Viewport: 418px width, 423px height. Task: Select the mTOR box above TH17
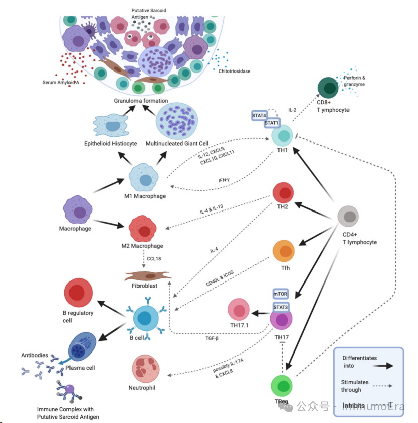tap(281, 294)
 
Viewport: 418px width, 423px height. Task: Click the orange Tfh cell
tap(284, 251)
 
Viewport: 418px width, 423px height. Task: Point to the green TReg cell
tap(282, 386)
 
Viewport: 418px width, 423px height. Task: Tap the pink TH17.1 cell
tap(239, 310)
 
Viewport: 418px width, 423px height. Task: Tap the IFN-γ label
tap(224, 180)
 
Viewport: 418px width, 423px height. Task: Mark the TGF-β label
tap(211, 338)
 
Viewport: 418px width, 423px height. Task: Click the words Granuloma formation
tap(141, 101)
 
